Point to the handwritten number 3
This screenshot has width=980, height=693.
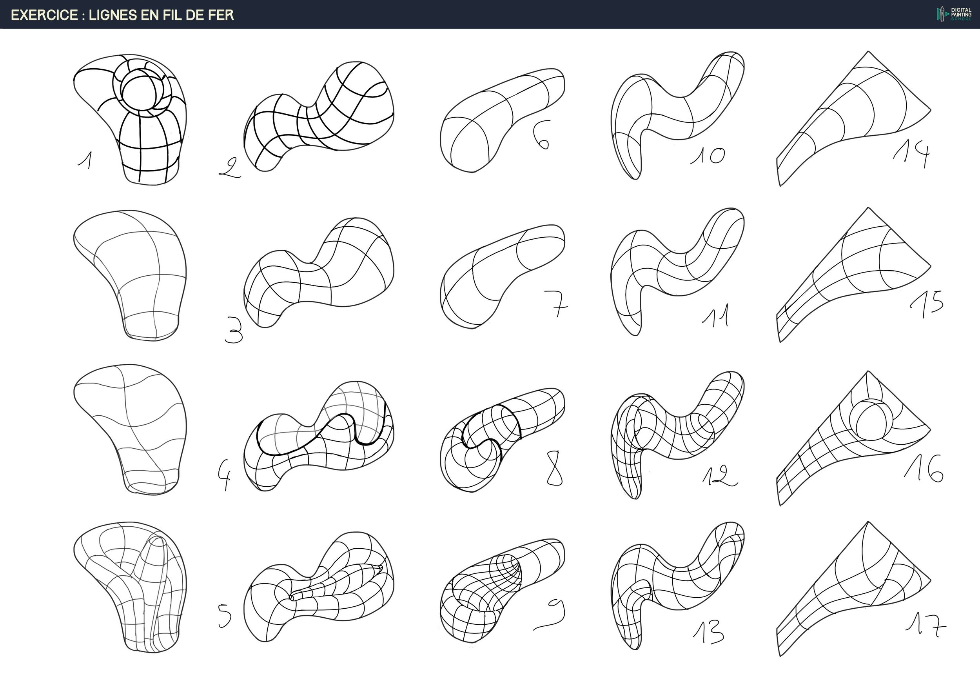click(234, 331)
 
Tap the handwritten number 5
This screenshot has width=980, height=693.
click(225, 616)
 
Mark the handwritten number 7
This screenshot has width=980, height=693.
click(556, 304)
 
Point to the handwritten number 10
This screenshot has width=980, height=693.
click(708, 156)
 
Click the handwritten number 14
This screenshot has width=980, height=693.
click(912, 155)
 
